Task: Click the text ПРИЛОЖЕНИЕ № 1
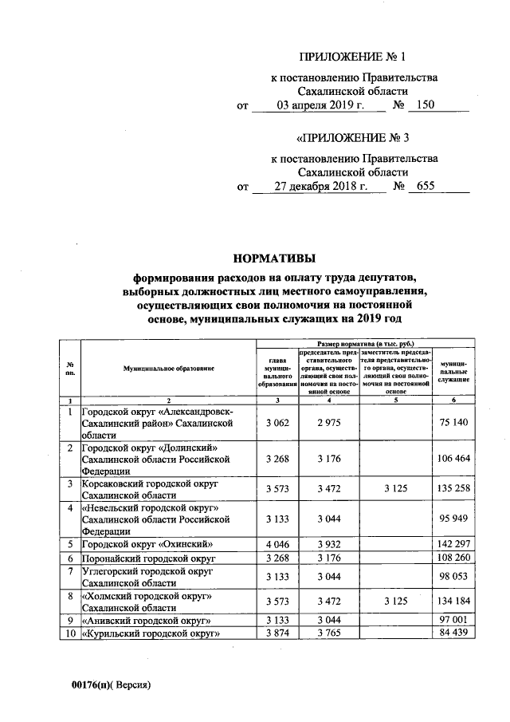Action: coord(352,57)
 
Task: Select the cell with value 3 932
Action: coord(328,544)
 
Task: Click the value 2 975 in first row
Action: coord(328,422)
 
